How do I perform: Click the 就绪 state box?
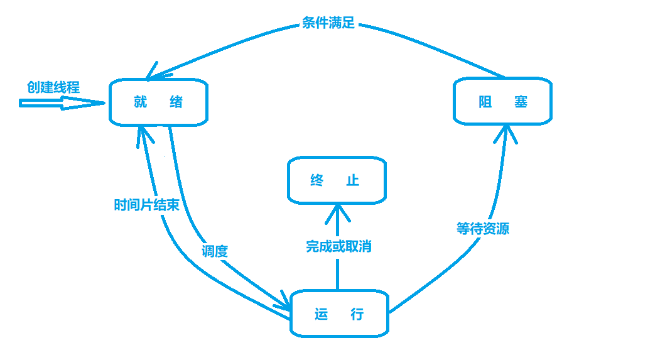click(158, 102)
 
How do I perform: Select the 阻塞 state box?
click(502, 101)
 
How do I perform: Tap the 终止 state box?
click(337, 180)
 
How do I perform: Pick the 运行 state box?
click(339, 314)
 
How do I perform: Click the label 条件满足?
click(328, 24)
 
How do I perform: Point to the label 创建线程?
click(53, 87)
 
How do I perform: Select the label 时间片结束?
click(146, 205)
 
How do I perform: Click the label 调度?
click(215, 251)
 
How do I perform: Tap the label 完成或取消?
click(338, 246)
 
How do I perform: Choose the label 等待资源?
click(482, 228)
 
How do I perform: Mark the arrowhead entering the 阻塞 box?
click(506, 133)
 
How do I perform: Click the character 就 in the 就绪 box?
click(140, 102)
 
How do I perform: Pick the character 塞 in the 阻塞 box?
click(521, 101)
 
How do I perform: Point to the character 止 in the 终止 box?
click(353, 180)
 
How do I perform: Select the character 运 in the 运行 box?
click(322, 314)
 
